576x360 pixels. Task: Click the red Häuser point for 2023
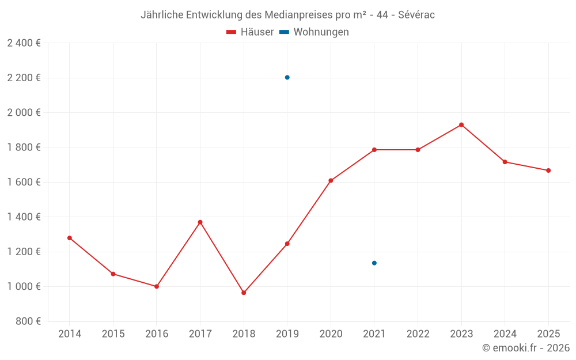pyautogui.click(x=461, y=125)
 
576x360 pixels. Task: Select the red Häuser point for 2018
pyautogui.click(x=244, y=293)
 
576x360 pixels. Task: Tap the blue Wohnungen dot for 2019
pyautogui.click(x=287, y=77)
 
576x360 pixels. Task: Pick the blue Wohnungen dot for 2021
pyautogui.click(x=374, y=263)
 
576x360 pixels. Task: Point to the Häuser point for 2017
pyautogui.click(x=200, y=222)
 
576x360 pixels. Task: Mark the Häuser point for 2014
pyautogui.click(x=70, y=238)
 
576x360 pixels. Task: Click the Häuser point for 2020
pyautogui.click(x=331, y=181)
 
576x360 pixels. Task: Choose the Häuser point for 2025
pyautogui.click(x=548, y=170)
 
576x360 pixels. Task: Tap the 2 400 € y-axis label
pyautogui.click(x=24, y=43)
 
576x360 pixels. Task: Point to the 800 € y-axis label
pyautogui.click(x=28, y=321)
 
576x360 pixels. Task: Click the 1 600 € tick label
pyautogui.click(x=24, y=182)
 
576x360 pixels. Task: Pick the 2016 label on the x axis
pyautogui.click(x=157, y=334)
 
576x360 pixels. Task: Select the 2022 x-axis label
pyautogui.click(x=418, y=334)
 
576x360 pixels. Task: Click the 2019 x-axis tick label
pyautogui.click(x=287, y=334)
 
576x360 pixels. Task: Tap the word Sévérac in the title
pyautogui.click(x=416, y=15)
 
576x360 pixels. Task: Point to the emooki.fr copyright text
pyautogui.click(x=526, y=348)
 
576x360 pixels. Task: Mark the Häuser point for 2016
pyautogui.click(x=157, y=286)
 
